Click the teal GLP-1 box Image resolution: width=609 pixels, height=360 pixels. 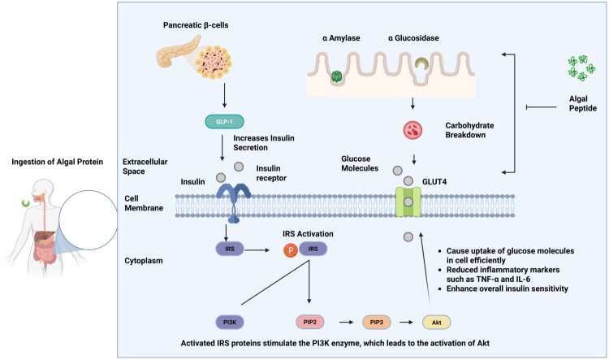point(224,122)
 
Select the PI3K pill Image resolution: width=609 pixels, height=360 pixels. point(230,323)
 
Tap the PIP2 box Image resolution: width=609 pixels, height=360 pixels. point(310,322)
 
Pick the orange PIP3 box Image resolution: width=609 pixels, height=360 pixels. point(376,323)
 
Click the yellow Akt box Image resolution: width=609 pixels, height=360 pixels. point(437,323)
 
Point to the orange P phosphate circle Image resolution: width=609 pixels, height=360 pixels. point(290,250)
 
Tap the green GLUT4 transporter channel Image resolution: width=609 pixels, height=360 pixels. point(408,202)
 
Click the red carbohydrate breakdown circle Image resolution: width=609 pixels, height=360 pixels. point(412,130)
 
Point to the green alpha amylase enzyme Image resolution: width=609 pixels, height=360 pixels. point(336,76)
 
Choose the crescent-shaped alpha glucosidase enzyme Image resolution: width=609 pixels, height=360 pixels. point(421,63)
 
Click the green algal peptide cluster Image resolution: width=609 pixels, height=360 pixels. point(581,68)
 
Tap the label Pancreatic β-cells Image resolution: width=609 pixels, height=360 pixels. point(196,25)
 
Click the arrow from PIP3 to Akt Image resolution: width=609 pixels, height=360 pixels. point(406,323)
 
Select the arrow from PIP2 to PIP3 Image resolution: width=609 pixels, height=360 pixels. point(347,323)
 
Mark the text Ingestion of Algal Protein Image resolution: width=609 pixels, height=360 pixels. point(58,162)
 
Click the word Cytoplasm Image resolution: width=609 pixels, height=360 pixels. point(144,261)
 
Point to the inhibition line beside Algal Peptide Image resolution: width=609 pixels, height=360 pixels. point(542,107)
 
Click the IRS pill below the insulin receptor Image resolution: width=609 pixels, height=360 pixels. point(230,249)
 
